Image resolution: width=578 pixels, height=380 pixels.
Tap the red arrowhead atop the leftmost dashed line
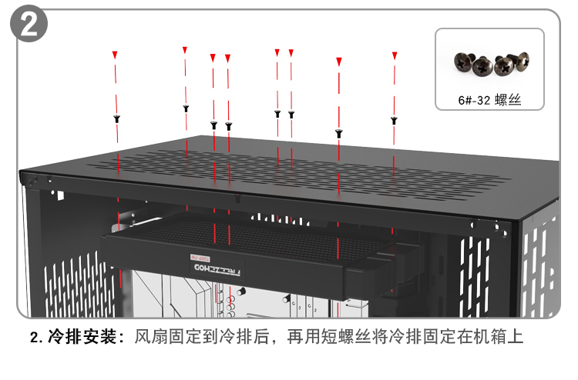click(115, 55)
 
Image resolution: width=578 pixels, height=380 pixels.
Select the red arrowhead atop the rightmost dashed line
click(395, 55)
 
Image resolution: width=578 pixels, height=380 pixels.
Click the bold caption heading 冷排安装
click(81, 337)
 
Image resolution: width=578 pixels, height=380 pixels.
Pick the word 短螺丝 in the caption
click(354, 337)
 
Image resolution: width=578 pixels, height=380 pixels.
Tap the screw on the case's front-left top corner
click(34, 181)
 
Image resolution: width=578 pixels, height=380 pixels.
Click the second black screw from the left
click(186, 108)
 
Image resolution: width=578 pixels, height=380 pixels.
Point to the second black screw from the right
click(338, 133)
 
